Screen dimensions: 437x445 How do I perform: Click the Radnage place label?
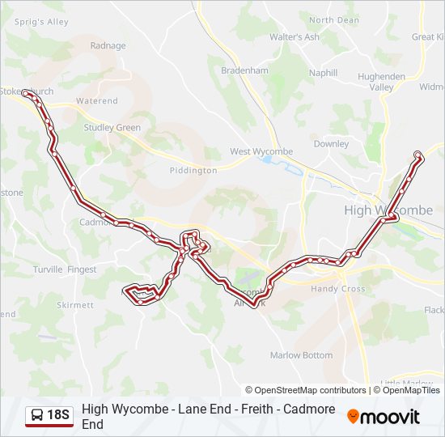108,46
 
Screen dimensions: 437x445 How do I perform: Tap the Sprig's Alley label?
36,22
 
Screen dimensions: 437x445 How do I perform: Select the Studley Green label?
112,128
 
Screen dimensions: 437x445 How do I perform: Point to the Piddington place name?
193,171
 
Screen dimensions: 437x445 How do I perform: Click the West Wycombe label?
261,151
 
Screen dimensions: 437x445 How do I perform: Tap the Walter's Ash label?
295,37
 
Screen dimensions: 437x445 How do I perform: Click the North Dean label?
333,20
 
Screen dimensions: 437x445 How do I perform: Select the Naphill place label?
323,73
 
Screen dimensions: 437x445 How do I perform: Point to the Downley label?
331,144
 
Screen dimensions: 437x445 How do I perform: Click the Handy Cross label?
338,289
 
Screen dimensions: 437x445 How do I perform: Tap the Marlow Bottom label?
301,355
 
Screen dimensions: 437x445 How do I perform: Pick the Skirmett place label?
75,305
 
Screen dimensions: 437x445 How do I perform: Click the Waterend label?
96,101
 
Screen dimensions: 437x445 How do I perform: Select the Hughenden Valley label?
381,82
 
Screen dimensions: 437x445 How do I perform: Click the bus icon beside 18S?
37,416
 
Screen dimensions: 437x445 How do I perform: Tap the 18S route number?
58,416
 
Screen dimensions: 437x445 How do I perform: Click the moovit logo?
384,417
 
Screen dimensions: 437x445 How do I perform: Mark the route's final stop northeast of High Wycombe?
417,155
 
